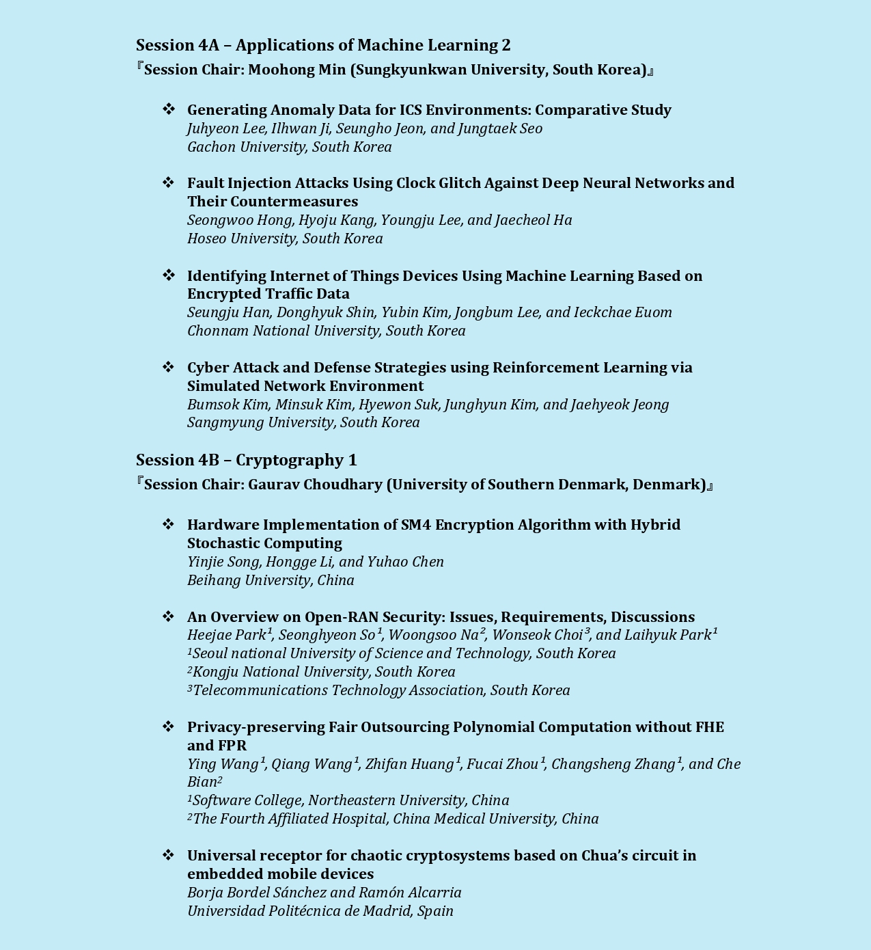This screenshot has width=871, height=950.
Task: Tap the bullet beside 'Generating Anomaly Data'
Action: pos(169,109)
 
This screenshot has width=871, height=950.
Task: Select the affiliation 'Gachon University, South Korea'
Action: pos(290,147)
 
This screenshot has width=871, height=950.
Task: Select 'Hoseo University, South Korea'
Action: pos(285,239)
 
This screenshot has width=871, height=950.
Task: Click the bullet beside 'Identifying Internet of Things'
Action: pos(169,275)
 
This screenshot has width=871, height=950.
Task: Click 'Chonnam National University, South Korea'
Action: pos(326,331)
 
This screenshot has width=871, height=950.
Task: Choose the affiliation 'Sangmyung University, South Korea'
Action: pos(303,422)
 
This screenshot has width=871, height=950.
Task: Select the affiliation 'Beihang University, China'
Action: pos(271,580)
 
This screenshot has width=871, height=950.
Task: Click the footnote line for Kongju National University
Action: pos(322,672)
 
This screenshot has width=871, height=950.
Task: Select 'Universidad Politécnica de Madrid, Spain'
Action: pos(320,911)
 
